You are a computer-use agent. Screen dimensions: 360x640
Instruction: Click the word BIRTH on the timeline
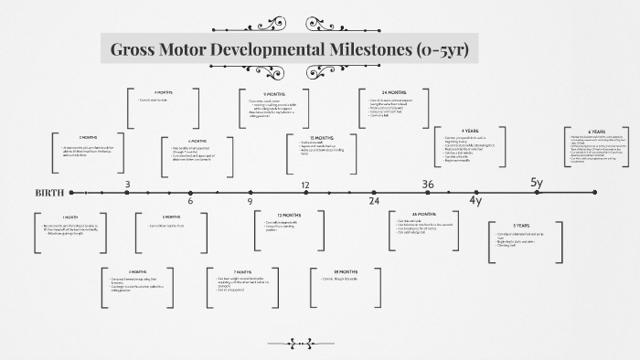(x=49, y=193)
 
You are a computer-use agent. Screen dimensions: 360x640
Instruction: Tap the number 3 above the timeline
(x=127, y=185)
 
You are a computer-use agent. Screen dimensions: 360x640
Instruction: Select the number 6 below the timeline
(x=190, y=201)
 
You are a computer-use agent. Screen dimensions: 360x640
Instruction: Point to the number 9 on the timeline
(x=250, y=201)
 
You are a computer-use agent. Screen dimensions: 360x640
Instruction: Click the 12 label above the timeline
(x=306, y=185)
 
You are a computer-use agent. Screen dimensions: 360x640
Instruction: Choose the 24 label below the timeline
(x=374, y=201)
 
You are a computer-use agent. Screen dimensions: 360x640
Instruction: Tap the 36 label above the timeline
(x=428, y=185)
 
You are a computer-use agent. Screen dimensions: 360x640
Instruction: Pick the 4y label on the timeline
(x=475, y=201)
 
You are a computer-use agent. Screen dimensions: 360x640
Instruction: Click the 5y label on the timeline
(x=537, y=184)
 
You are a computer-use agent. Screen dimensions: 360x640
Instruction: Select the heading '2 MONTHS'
(x=88, y=137)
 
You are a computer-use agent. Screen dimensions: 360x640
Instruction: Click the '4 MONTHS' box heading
(x=164, y=92)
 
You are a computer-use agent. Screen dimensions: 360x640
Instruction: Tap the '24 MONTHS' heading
(x=394, y=92)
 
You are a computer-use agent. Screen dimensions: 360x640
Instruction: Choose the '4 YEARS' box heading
(x=470, y=131)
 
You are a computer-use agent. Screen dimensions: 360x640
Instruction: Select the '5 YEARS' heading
(x=521, y=226)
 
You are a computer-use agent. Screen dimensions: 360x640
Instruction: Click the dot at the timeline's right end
(x=594, y=193)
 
